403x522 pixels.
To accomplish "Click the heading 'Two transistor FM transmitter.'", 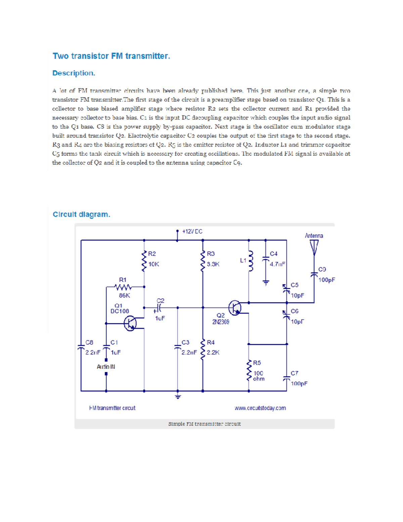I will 111,56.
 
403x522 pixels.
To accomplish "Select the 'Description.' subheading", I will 74,73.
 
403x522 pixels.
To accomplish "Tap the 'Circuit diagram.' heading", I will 81,214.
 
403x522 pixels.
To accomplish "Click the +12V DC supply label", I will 192,232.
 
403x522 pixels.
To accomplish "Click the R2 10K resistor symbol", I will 144,261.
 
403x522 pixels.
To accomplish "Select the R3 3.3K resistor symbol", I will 203,261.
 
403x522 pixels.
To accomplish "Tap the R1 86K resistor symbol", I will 123,287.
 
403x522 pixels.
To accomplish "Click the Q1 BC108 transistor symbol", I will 130,324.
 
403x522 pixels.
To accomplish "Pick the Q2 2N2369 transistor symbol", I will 235,308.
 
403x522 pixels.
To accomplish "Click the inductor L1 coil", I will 250,260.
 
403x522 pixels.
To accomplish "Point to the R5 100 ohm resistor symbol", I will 249,370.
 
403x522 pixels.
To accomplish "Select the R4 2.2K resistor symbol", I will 203,350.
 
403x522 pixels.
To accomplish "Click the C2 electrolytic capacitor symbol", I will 159,308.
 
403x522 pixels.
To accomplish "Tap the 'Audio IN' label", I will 106,367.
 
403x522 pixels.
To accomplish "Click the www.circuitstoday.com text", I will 260,408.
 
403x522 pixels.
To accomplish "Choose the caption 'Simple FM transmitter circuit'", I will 204,424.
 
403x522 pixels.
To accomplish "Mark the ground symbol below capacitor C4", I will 266,283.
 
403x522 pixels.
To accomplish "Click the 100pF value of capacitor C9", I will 326,280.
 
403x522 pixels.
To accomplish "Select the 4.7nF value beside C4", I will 277,264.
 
